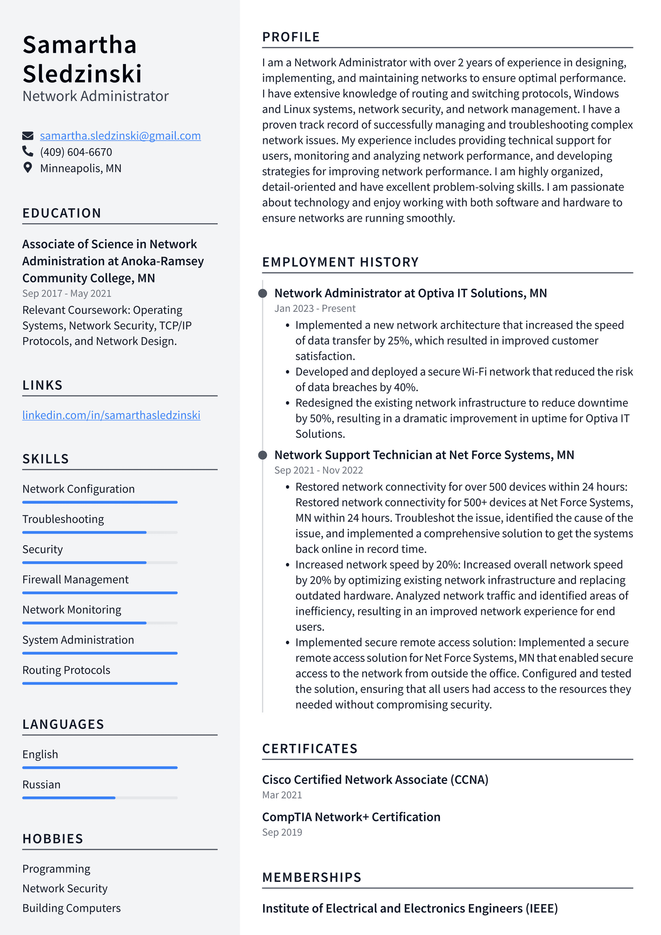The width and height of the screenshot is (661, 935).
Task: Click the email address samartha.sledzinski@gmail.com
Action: (120, 136)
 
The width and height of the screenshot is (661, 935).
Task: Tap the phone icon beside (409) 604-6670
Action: (28, 152)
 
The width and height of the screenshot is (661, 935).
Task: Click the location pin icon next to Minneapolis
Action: (28, 168)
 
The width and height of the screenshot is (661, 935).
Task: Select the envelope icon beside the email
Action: (28, 136)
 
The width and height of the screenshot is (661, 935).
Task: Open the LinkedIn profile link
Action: (111, 415)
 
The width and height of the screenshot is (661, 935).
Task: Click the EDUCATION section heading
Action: (62, 213)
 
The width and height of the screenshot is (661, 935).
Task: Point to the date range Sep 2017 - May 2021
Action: (67, 293)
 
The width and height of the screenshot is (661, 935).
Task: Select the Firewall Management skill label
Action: (75, 580)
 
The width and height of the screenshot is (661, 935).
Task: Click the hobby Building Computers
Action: (72, 908)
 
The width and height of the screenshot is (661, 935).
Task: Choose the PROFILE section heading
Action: (291, 37)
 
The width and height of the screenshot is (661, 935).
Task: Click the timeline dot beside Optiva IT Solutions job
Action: (263, 293)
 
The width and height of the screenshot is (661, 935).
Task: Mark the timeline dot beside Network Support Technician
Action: (263, 455)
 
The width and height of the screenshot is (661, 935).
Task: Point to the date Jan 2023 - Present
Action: (315, 308)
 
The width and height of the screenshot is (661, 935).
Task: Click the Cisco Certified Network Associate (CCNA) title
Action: (375, 780)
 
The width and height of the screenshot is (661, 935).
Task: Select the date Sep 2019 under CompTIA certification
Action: (282, 832)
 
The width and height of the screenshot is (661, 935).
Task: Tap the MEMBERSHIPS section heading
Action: (312, 877)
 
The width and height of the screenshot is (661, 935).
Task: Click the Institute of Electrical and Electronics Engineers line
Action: (410, 908)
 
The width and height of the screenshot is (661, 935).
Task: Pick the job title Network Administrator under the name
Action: (95, 96)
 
